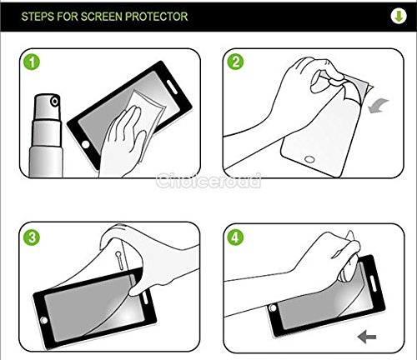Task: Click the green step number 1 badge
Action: (x=32, y=62)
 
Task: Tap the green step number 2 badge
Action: (x=235, y=62)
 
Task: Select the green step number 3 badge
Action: (x=32, y=237)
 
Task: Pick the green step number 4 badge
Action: (x=235, y=237)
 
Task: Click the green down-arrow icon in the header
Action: (x=399, y=17)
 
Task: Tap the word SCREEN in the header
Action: (x=102, y=17)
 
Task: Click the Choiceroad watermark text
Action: (x=208, y=181)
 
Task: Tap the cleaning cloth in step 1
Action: (x=146, y=117)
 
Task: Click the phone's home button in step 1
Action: (x=86, y=145)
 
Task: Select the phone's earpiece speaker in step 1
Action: (x=172, y=87)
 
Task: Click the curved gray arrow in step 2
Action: (x=379, y=107)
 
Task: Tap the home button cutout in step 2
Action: (x=309, y=159)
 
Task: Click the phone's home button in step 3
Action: (x=43, y=320)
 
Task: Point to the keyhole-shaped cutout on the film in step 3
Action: (x=119, y=260)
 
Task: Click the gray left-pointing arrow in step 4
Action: (x=367, y=337)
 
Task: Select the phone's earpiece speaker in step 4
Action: (x=373, y=283)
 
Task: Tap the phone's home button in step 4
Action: (x=274, y=307)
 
